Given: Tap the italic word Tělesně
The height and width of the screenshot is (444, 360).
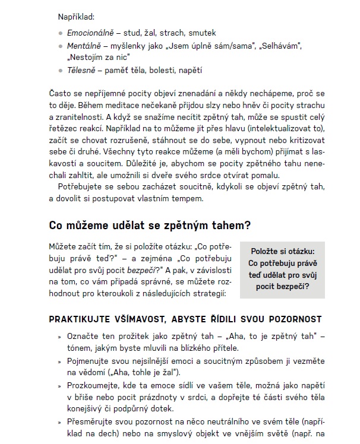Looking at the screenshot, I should click(82, 70).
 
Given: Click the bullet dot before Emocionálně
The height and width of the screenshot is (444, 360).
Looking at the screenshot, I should click(61, 33).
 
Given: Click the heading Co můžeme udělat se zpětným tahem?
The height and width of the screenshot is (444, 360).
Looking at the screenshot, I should click(149, 226).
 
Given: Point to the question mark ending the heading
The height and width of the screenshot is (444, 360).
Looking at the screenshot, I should click(248, 226).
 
